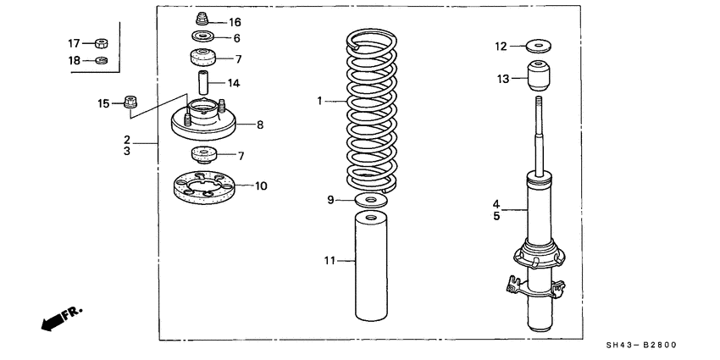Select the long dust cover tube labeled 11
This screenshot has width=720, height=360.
click(x=370, y=267)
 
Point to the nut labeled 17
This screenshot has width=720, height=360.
click(x=102, y=43)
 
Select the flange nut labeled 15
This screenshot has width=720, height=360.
click(x=131, y=103)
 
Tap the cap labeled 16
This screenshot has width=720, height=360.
click(x=202, y=19)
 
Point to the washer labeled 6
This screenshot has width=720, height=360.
click(x=202, y=38)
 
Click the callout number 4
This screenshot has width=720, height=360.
click(x=498, y=203)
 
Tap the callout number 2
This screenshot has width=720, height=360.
click(x=127, y=139)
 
